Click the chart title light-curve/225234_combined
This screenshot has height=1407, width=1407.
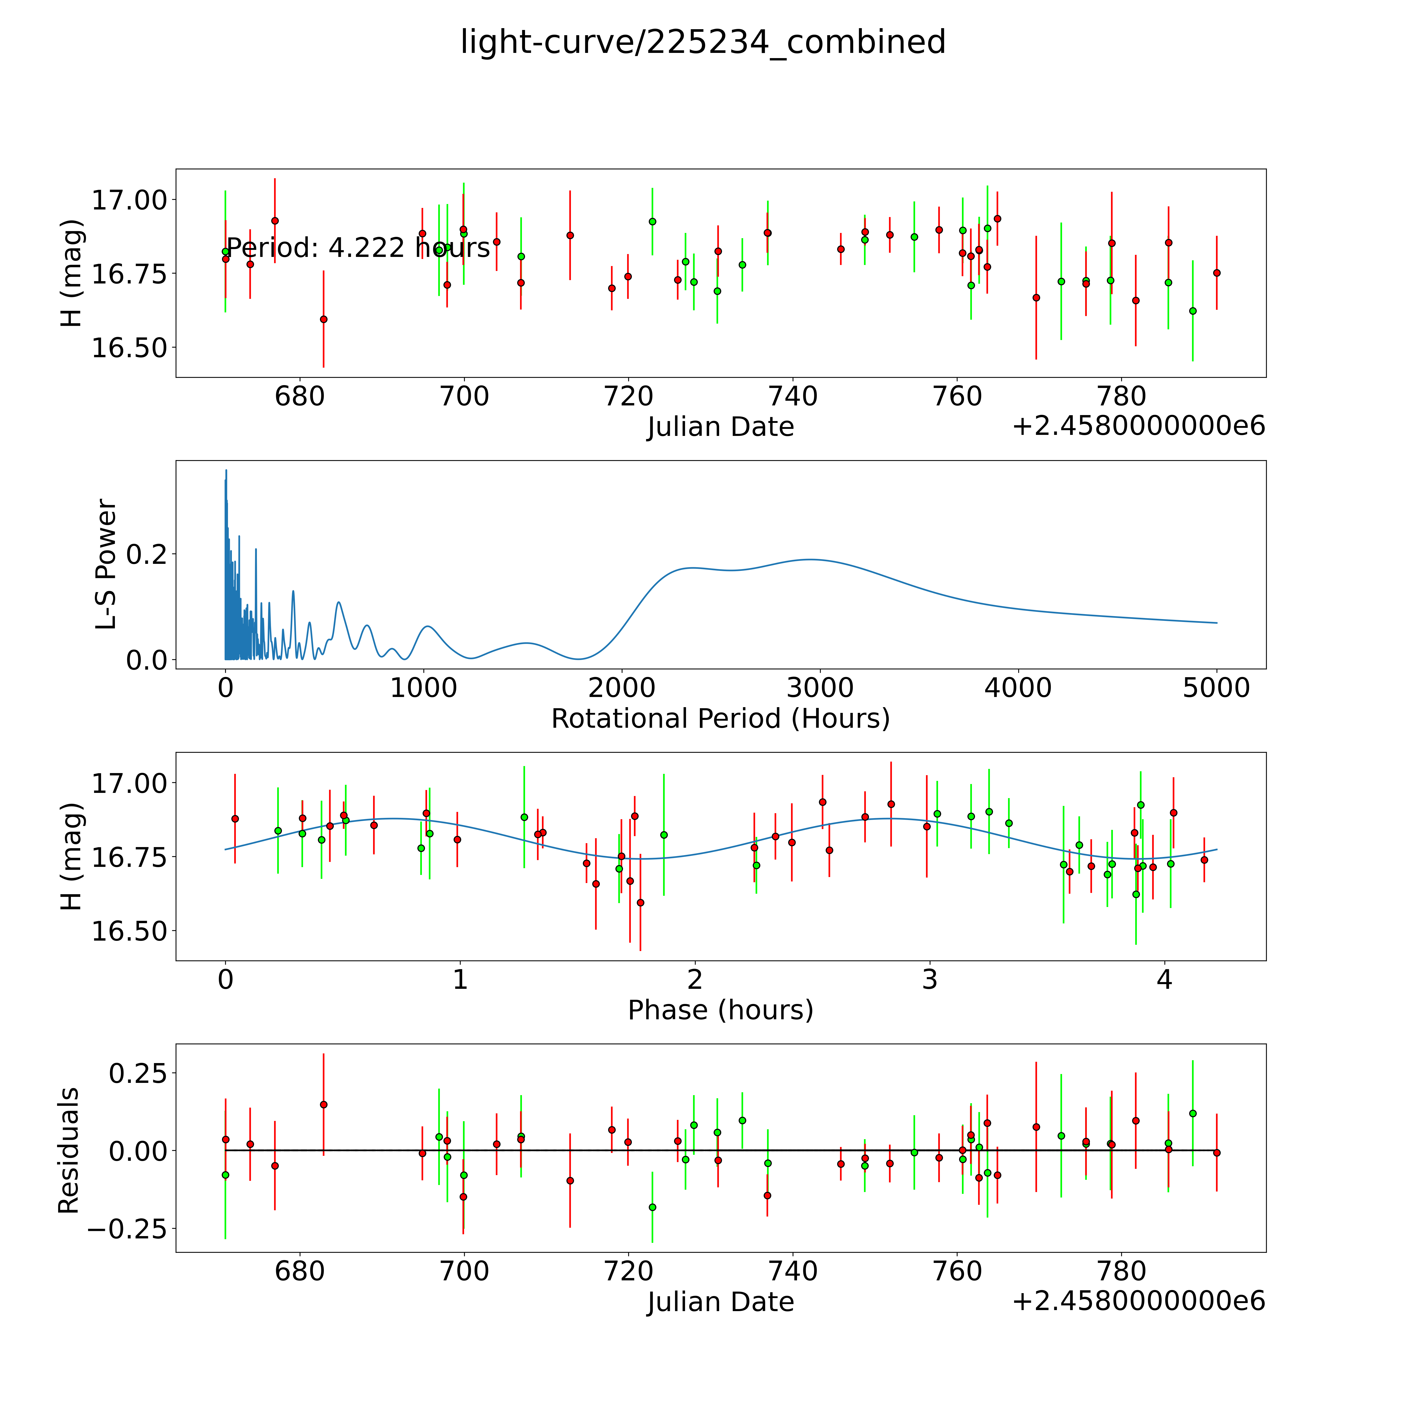tap(703, 42)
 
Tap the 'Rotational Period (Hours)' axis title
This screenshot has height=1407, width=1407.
tap(720, 719)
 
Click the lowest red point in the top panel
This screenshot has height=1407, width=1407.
tap(323, 319)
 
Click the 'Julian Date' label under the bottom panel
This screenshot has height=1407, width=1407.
tap(720, 1302)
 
